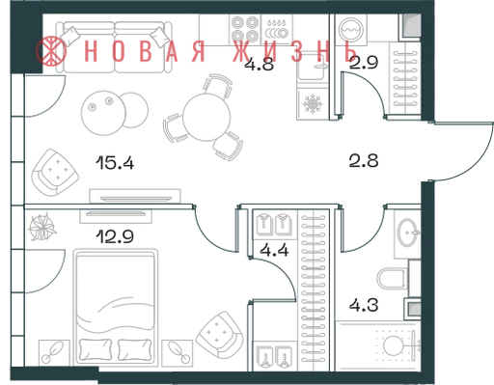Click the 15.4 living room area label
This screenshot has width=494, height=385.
point(115,162)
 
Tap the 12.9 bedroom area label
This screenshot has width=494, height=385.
point(115,236)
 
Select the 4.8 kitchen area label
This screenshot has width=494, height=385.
point(259,64)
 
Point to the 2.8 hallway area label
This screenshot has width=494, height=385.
point(364,160)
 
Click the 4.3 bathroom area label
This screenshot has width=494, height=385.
point(364,305)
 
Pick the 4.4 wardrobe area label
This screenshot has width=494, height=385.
point(274,250)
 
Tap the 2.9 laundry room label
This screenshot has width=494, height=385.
point(364,63)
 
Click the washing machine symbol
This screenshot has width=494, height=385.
point(351,29)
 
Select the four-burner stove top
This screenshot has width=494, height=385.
point(245,29)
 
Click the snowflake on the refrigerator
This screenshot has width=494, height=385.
point(313,103)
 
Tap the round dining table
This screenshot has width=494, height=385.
point(206,117)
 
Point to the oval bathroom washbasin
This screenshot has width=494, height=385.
point(408,233)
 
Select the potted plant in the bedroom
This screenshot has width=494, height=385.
point(42,227)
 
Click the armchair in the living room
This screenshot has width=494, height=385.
point(55,173)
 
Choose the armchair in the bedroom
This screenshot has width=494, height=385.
point(220,335)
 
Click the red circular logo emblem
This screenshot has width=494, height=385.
point(51,51)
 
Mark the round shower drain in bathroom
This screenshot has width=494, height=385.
point(393,345)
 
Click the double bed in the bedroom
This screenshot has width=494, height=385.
point(116,307)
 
